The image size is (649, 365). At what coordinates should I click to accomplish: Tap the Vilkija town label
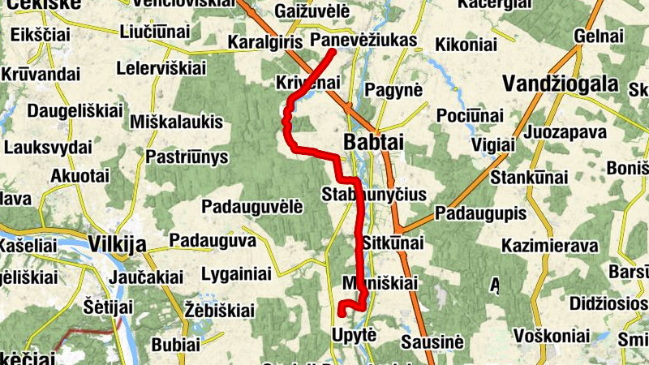(x=116, y=244)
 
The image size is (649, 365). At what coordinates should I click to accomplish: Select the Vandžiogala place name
(x=560, y=84)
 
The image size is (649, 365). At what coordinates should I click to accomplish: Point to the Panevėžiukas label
(x=363, y=40)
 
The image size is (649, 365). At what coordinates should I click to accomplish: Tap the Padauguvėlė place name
(x=252, y=206)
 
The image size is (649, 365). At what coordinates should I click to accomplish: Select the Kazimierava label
(x=549, y=246)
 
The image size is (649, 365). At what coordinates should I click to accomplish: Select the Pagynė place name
(x=394, y=90)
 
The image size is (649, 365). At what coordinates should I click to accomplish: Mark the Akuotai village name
(x=80, y=176)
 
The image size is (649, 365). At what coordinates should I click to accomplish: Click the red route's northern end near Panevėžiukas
(x=333, y=52)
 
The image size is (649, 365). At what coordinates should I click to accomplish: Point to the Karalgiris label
(x=264, y=41)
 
